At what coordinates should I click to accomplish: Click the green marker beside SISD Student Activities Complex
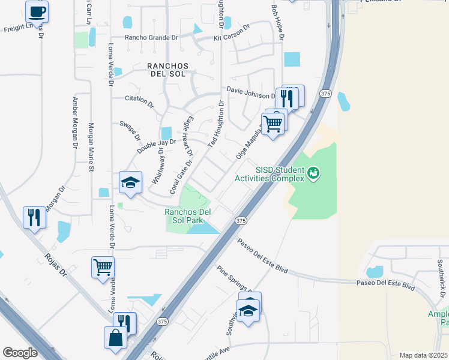pos(313,174)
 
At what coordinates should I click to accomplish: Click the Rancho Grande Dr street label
pos(151,38)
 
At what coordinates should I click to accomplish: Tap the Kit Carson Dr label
pos(231,35)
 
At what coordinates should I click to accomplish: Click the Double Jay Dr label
pos(156,146)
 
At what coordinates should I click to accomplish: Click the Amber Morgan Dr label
pos(75,123)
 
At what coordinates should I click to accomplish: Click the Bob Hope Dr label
pos(276,18)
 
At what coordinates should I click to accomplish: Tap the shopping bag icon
pos(115,337)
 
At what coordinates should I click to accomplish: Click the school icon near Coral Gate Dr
pos(130,182)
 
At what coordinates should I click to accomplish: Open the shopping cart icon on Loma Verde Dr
pos(103,267)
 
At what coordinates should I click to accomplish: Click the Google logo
pos(20,353)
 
